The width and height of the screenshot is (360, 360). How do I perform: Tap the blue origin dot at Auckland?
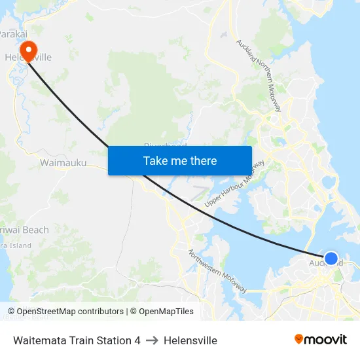331,259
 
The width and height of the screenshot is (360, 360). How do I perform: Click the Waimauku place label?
63,162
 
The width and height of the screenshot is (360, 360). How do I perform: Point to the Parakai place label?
13,33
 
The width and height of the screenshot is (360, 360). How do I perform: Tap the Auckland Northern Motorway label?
259,75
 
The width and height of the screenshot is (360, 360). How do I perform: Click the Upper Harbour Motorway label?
234,185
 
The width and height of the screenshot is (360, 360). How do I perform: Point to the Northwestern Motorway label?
217,270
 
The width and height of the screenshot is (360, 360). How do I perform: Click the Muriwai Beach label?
25,230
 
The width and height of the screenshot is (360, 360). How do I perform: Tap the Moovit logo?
320,339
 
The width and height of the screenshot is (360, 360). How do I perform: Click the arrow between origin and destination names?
152,340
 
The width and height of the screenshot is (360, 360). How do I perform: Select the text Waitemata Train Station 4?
77,340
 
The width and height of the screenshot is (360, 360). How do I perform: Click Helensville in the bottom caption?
190,340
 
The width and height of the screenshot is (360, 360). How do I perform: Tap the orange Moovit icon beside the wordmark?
299,339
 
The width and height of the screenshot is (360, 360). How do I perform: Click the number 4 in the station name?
137,340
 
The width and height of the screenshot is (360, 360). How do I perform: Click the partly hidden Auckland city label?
319,264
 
